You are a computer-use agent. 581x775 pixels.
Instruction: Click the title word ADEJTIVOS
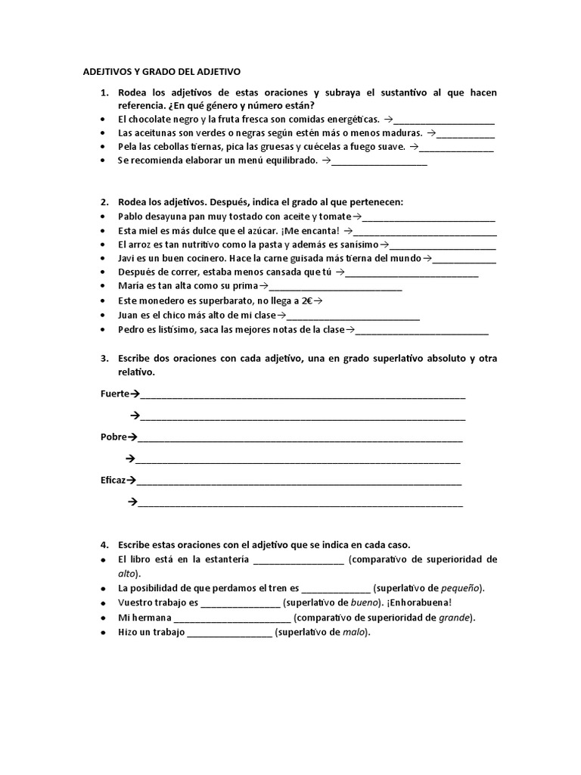106,71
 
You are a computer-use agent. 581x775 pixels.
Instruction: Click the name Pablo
131,216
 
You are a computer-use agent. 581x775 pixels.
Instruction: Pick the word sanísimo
354,244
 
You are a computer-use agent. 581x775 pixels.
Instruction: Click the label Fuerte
115,394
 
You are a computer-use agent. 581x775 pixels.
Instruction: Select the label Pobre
113,437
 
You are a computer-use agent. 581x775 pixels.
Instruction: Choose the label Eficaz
113,480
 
